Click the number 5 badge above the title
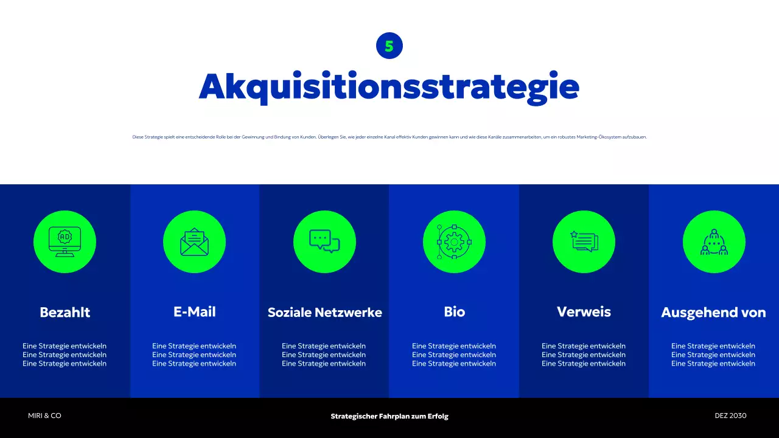click(389, 46)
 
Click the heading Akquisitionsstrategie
click(389, 88)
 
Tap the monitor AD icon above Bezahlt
click(65, 242)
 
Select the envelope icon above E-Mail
click(194, 242)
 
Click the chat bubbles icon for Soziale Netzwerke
click(324, 242)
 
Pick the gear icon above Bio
click(454, 242)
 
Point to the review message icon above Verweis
click(584, 242)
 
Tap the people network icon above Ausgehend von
click(714, 242)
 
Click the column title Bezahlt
click(65, 312)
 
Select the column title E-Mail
click(194, 311)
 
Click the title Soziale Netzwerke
click(324, 312)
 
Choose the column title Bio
click(454, 311)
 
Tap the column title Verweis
click(584, 311)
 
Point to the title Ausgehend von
click(713, 313)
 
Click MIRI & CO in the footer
click(44, 415)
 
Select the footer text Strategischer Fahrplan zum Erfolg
click(389, 416)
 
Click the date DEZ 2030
click(730, 415)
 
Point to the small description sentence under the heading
click(389, 137)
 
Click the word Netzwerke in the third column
click(352, 312)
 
